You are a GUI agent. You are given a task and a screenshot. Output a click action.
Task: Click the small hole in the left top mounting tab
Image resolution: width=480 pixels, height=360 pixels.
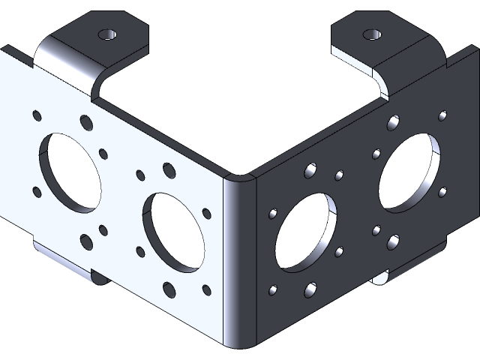point(108,35)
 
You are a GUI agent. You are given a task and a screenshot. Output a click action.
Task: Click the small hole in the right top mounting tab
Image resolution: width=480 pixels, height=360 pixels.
point(371,35)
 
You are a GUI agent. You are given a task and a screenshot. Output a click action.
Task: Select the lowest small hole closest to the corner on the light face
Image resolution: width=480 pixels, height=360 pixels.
point(206,289)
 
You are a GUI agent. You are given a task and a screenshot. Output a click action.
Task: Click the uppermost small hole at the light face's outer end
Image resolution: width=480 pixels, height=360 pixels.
point(37,115)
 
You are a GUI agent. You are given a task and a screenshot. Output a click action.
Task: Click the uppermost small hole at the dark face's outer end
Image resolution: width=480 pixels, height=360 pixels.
point(442,115)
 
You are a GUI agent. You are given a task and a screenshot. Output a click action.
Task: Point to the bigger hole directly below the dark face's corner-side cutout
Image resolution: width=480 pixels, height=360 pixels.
point(310,288)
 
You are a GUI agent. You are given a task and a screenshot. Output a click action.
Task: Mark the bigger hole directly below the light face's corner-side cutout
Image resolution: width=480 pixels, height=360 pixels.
point(169,288)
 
